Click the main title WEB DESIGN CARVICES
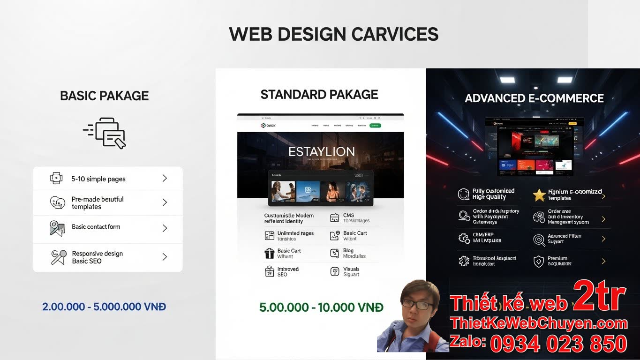(333, 35)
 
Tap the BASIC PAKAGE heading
(104, 96)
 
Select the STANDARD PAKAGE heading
(319, 95)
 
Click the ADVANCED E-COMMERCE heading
(534, 98)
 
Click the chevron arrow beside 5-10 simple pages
(165, 178)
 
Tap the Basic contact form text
(96, 227)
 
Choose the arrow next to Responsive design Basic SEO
(165, 257)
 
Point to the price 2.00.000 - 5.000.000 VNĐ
(104, 307)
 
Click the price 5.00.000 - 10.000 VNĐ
(321, 307)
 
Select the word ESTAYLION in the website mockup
(321, 152)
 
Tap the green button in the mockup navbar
(375, 126)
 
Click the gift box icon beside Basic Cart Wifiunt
(270, 254)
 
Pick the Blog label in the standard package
(348, 251)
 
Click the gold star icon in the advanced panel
(539, 195)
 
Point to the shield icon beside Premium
(539, 261)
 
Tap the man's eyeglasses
(417, 305)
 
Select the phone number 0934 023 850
(558, 344)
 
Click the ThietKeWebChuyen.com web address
(538, 323)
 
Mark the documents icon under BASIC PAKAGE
(106, 133)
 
